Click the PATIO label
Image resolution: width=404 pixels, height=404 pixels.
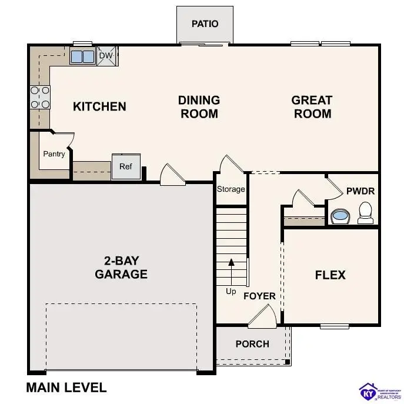coord(205,24)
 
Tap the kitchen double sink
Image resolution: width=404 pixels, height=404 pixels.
coord(82,56)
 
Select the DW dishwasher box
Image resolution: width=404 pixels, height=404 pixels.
coord(106,56)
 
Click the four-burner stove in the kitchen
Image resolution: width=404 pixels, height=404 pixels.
coord(40,97)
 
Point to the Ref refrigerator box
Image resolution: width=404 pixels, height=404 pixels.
coord(126,166)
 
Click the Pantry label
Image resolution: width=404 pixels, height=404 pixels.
coord(54,154)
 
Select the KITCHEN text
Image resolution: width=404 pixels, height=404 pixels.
coord(99,106)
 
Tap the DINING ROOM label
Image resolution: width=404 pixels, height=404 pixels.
coord(199,107)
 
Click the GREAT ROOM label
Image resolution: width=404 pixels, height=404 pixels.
coord(312,107)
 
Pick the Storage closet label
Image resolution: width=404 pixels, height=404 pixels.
coord(231,189)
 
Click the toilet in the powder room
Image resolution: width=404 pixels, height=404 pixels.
coord(365,213)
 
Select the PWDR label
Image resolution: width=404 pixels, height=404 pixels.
coord(360,191)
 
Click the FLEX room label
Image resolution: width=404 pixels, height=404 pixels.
coord(330,275)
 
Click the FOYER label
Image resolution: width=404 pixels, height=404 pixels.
coord(259,296)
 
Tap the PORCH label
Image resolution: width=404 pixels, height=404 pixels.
coord(252,344)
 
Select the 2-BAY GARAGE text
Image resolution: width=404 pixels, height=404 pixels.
coord(121,268)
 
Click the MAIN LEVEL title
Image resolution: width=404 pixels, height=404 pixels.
coord(66,388)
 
